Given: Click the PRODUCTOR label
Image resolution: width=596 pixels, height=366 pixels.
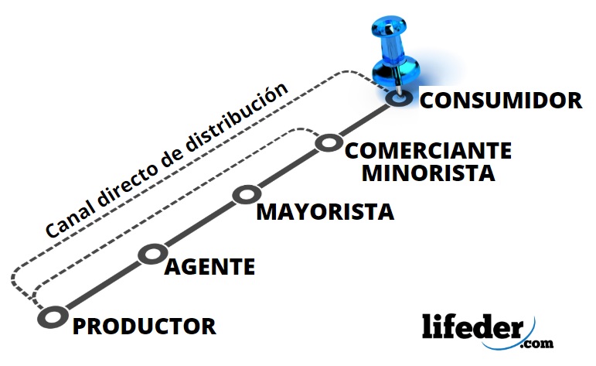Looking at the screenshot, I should (x=144, y=326).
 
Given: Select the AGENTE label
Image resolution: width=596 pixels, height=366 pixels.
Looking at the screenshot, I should (x=209, y=267).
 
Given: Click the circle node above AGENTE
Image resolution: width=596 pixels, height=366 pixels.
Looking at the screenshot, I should (x=152, y=254).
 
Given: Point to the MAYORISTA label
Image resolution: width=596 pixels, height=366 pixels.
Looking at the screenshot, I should (x=325, y=211).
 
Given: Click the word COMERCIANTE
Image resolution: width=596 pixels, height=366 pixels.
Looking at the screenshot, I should (x=427, y=150).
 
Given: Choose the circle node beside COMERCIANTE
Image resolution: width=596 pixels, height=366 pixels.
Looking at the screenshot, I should (x=329, y=142).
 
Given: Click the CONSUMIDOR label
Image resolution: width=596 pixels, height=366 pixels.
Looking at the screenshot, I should (x=500, y=101).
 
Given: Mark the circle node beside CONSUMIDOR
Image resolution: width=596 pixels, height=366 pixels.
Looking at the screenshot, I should (x=399, y=98).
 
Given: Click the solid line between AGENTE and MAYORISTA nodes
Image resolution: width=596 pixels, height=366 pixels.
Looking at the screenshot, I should (x=199, y=224).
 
